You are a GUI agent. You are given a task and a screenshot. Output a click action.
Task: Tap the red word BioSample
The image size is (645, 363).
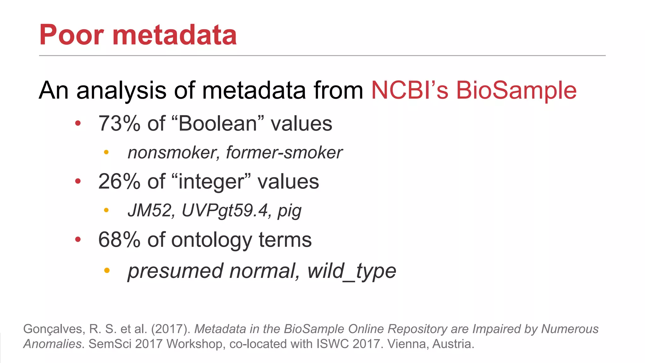point(516,90)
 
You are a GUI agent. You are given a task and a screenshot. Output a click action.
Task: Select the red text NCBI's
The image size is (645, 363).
point(409,90)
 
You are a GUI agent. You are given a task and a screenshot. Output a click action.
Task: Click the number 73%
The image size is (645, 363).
point(119,124)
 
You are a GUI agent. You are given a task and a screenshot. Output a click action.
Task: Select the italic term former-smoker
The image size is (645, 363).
point(284,153)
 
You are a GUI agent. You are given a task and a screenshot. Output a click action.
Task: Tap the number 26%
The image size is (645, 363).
point(119,182)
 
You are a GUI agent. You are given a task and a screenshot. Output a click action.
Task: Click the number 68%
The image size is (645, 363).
point(119,240)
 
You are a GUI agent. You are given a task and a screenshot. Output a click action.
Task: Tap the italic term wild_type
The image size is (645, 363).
point(351,271)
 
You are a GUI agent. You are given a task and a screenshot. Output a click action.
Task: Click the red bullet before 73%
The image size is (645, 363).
point(78,123)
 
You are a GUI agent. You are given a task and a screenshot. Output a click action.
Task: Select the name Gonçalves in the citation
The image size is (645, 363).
point(54,329)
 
